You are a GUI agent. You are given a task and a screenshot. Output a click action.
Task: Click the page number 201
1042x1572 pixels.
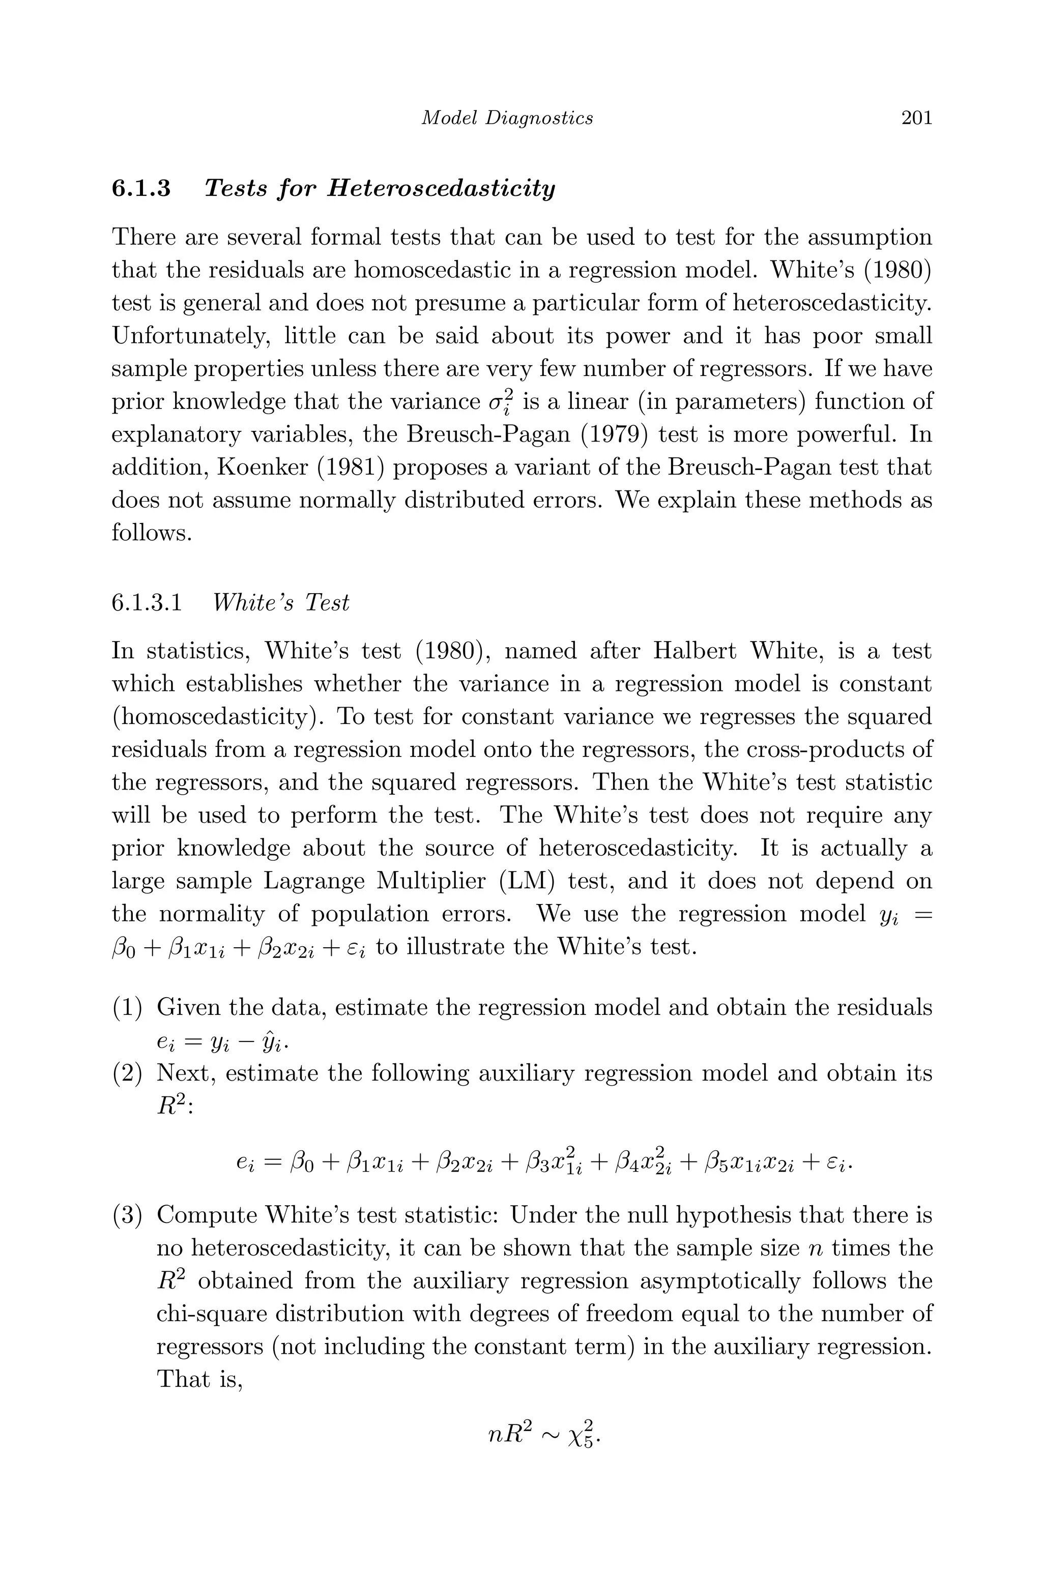click(916, 118)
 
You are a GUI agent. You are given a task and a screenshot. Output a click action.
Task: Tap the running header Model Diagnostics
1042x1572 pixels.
click(508, 118)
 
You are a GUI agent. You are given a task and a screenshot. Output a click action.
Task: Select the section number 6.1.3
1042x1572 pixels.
click(141, 189)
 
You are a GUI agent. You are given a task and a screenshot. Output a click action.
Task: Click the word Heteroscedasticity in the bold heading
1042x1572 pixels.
click(441, 189)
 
